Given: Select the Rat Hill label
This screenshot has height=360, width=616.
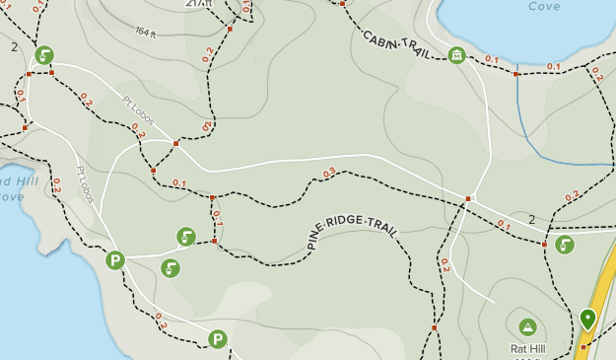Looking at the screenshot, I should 527,348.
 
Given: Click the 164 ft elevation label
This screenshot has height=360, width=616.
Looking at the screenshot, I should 146,33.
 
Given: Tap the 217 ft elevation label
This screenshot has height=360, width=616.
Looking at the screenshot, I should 198,4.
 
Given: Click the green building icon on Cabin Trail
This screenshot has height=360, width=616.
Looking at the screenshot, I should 456,55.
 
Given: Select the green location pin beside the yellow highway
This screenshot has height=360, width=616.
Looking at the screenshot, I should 588,319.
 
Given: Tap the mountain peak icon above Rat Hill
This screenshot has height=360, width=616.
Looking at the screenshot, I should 527,326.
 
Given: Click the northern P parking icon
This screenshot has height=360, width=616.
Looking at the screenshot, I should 115,260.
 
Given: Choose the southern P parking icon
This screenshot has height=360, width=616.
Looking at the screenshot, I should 218,339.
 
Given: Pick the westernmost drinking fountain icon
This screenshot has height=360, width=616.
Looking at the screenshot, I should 44,55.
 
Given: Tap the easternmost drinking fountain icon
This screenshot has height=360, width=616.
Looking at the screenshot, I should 565,245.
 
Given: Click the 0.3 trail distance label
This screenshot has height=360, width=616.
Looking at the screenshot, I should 329,172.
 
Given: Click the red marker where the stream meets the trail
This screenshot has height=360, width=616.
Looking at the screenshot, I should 515,74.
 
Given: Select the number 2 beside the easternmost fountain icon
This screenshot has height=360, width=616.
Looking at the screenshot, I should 532,219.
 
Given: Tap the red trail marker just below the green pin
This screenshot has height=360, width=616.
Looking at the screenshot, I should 582,347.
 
